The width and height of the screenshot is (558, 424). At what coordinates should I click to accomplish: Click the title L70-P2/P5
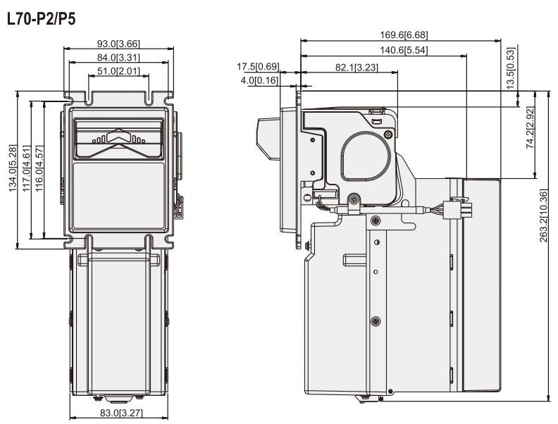point(42,19)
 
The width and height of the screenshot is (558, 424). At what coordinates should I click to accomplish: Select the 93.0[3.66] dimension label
point(118,44)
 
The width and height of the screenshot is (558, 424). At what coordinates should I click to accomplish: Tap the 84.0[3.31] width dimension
point(118,57)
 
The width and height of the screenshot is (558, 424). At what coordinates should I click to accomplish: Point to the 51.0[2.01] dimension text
point(118,71)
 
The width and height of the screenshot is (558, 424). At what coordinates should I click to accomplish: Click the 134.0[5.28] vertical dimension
point(13,168)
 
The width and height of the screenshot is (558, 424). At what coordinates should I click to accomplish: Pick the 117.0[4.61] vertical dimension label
point(26,168)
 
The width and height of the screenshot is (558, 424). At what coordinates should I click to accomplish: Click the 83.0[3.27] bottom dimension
point(121,413)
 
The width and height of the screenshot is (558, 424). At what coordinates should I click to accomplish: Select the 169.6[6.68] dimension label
point(404,35)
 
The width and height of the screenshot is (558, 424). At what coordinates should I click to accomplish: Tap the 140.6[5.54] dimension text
point(404,50)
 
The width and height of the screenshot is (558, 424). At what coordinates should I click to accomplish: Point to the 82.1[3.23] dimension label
point(356,67)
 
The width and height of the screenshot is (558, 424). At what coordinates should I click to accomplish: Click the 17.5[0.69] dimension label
point(258,66)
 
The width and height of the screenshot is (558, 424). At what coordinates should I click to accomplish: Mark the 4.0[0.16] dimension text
point(259,80)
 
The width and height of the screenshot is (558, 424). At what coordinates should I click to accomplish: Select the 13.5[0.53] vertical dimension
point(511,68)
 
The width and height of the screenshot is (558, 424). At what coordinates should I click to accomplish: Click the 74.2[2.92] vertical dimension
point(531,127)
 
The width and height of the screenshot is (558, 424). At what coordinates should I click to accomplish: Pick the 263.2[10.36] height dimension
point(543,216)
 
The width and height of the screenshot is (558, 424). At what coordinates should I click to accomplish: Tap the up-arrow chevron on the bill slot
point(118,135)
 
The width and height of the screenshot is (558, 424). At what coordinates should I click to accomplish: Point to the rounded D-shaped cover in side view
point(365,155)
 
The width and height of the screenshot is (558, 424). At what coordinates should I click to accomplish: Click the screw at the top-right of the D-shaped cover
point(388,134)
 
